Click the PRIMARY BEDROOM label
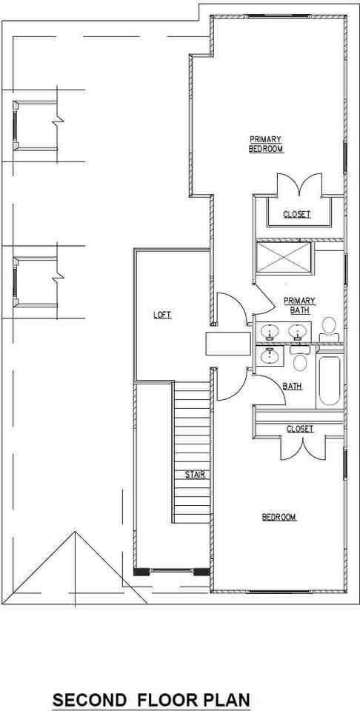pyautogui.click(x=266, y=144)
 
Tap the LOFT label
pyautogui.click(x=162, y=315)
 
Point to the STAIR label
pyautogui.click(x=195, y=474)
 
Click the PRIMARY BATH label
pyautogui.click(x=299, y=305)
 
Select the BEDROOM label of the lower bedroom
pyautogui.click(x=279, y=517)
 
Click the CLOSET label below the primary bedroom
pyautogui.click(x=297, y=215)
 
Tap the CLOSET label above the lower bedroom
pyautogui.click(x=300, y=429)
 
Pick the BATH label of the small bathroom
pyautogui.click(x=292, y=386)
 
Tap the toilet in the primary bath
pyautogui.click(x=328, y=327)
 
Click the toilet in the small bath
pyautogui.click(x=300, y=361)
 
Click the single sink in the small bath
pyautogui.click(x=270, y=356)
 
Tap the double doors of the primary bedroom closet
pyautogui.click(x=298, y=186)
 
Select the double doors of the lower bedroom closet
pyautogui.click(x=302, y=448)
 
